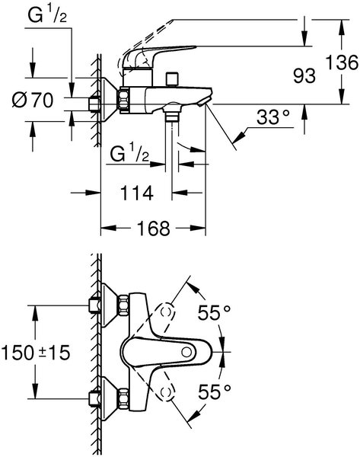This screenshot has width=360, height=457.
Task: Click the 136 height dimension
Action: point(342,62)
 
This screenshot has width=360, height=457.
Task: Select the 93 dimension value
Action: point(304,76)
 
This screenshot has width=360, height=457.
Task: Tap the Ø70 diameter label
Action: point(33,100)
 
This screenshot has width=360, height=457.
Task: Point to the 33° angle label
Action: point(273,117)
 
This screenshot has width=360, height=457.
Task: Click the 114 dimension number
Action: point(136,193)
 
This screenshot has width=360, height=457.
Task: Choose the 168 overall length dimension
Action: point(153,228)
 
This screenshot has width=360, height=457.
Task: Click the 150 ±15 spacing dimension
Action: point(36,352)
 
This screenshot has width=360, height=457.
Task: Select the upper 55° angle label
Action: point(215,313)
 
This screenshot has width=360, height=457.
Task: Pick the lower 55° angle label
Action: point(215,392)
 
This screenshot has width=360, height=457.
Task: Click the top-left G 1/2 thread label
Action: point(47,15)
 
